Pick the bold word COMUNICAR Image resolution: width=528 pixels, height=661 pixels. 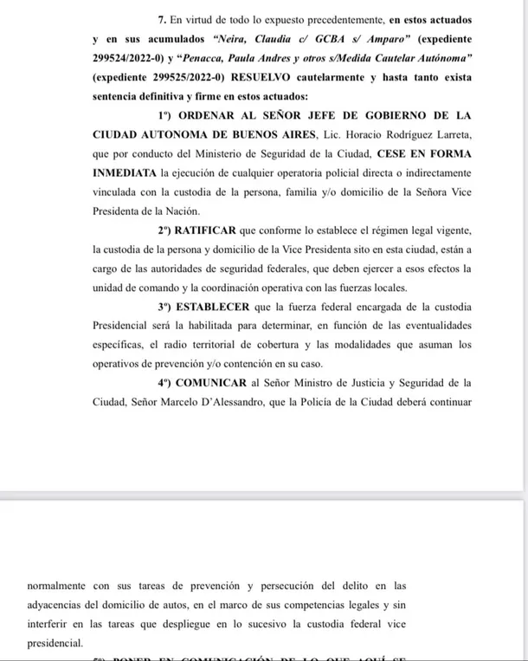217,382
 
